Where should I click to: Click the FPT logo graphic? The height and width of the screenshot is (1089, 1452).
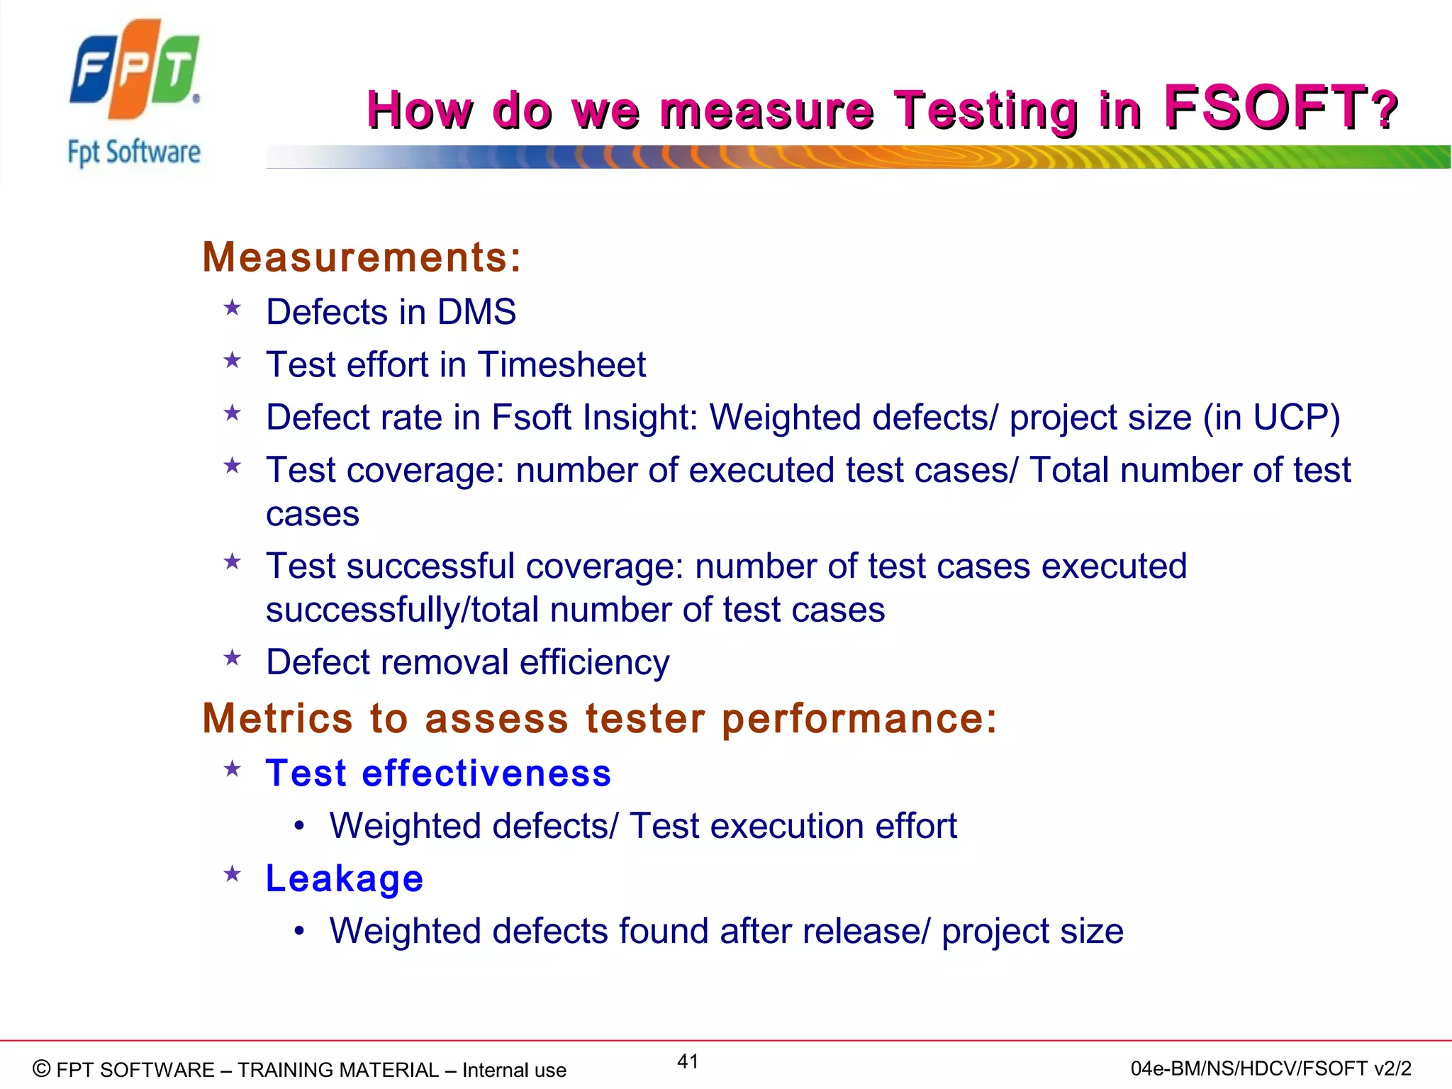[x=134, y=69]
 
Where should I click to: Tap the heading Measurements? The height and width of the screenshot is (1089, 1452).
[x=362, y=257]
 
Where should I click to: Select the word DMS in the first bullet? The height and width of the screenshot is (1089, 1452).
[x=476, y=312]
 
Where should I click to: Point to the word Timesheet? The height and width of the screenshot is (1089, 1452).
[x=562, y=364]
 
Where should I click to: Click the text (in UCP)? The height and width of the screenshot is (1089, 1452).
[x=1270, y=417]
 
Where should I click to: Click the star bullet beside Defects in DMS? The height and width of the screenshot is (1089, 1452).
[x=232, y=308]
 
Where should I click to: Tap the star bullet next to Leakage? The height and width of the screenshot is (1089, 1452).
[x=232, y=874]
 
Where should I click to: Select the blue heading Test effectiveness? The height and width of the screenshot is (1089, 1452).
[x=438, y=773]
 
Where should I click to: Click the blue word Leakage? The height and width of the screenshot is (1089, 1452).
[x=345, y=878]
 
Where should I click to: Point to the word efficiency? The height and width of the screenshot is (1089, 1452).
[x=594, y=662]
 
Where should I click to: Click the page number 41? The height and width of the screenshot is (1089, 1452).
[x=688, y=1061]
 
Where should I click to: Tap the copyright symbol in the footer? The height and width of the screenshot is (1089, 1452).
[x=42, y=1068]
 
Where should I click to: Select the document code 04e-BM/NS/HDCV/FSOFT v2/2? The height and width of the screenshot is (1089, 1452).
[x=1270, y=1068]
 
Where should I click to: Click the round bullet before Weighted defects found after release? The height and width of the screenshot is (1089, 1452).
[x=300, y=931]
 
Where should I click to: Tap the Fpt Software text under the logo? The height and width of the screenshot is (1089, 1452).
[x=134, y=152]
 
